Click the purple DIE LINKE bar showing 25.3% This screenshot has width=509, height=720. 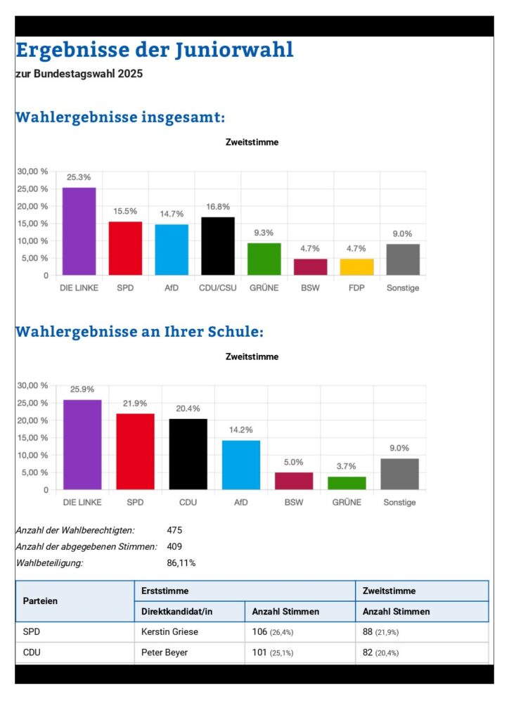click(79, 231)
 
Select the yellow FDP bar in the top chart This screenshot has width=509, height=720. click(356, 266)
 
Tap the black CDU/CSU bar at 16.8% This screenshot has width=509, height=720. click(217, 245)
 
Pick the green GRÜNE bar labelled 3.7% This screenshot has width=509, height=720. click(347, 483)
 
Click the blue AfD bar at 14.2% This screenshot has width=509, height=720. click(240, 464)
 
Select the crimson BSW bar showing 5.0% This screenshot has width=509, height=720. click(293, 481)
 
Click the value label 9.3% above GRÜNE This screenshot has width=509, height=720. click(264, 233)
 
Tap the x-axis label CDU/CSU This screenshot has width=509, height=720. click(217, 288)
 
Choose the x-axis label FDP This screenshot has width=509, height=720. click(356, 288)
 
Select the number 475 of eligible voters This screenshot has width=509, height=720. click(174, 530)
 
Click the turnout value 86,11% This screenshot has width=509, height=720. click(181, 562)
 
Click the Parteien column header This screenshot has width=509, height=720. click(41, 601)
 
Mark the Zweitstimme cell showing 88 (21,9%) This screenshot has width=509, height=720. click(380, 631)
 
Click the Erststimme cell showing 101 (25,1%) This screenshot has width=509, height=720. click(272, 652)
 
